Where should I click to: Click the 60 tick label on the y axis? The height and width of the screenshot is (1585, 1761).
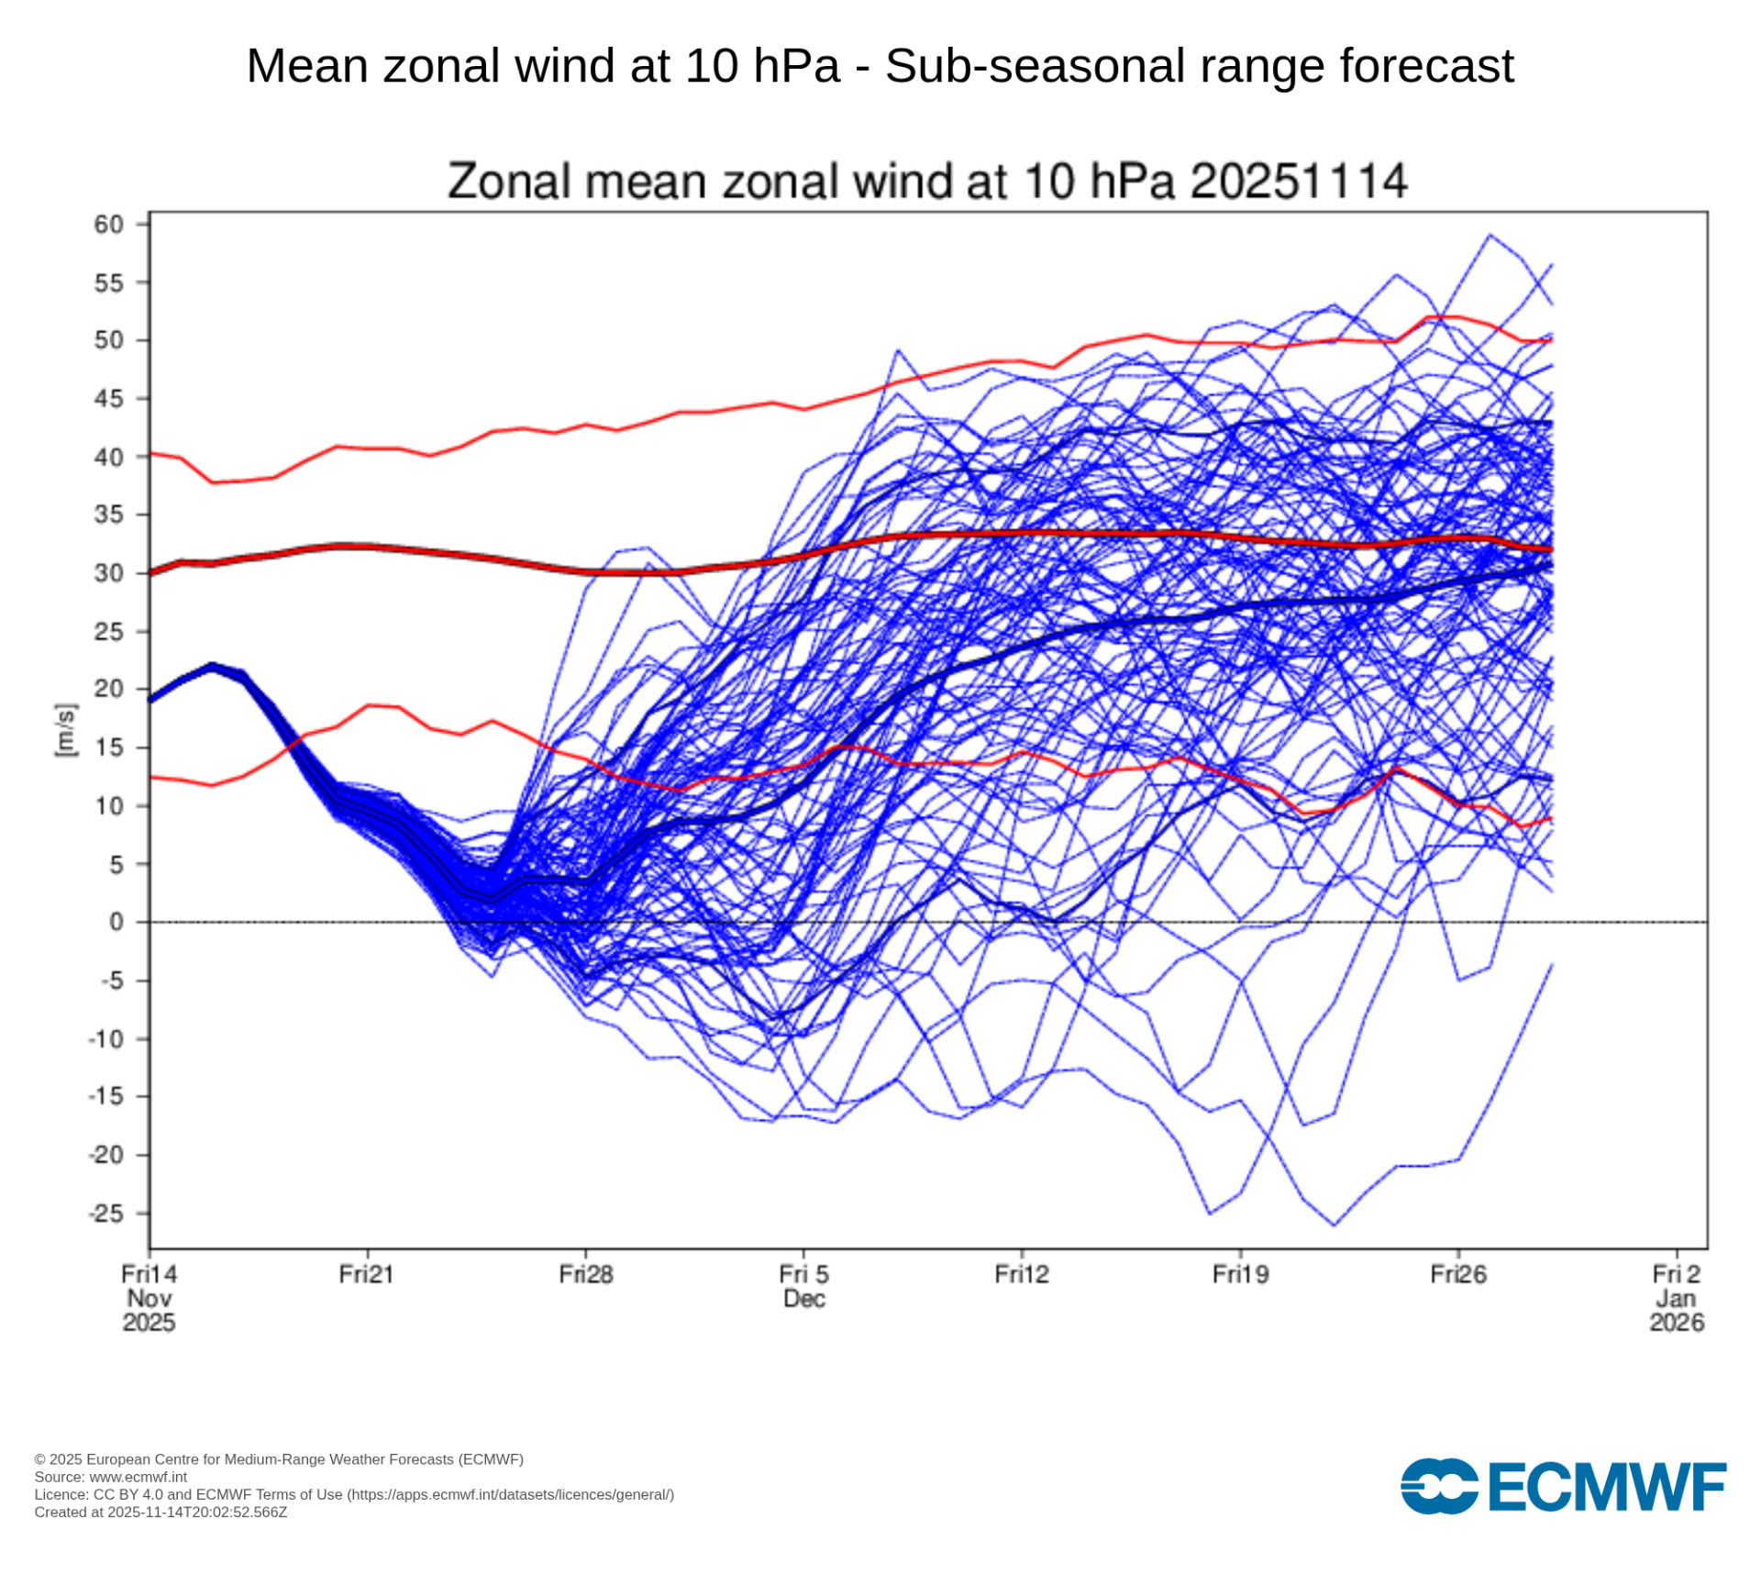click(x=108, y=225)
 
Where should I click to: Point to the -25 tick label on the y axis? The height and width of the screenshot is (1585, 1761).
click(x=105, y=1214)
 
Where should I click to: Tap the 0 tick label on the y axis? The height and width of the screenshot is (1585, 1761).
click(x=116, y=922)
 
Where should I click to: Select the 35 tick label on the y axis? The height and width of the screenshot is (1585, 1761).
click(x=108, y=515)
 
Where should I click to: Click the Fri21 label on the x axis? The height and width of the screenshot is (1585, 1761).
click(x=366, y=1274)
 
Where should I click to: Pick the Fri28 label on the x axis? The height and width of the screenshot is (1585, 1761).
click(x=586, y=1274)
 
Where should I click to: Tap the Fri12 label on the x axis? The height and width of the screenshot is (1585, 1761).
click(x=1022, y=1274)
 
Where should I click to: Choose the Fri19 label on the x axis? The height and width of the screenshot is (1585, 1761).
click(x=1240, y=1274)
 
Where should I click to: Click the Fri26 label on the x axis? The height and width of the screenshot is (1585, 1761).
click(x=1458, y=1274)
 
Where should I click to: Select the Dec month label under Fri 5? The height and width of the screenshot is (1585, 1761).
click(x=804, y=1299)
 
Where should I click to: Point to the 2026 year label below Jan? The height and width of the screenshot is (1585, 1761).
click(x=1677, y=1323)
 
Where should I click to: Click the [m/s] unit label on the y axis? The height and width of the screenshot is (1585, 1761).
click(x=66, y=730)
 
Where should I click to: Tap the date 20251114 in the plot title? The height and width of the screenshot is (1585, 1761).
click(x=1298, y=181)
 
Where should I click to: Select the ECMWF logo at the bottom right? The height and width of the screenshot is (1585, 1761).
click(x=1563, y=1486)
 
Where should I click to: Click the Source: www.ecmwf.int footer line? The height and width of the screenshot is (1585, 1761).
click(x=111, y=1477)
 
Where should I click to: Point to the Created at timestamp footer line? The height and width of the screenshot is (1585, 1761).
click(x=161, y=1513)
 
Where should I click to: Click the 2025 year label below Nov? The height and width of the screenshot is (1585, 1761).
click(x=149, y=1323)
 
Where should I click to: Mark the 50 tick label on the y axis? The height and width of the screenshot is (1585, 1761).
click(x=108, y=340)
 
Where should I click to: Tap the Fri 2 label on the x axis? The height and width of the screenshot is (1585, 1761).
click(x=1677, y=1274)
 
